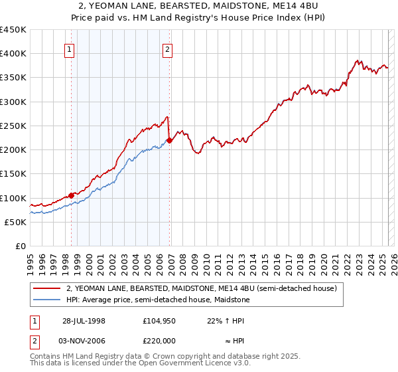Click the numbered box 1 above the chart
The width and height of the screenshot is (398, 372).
(70, 48)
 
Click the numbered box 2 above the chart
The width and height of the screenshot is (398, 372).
(168, 48)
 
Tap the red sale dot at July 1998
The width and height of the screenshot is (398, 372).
(71, 195)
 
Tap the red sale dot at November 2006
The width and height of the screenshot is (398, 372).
(169, 140)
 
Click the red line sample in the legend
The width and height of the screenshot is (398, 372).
(46, 288)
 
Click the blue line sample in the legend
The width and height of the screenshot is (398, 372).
(46, 300)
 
